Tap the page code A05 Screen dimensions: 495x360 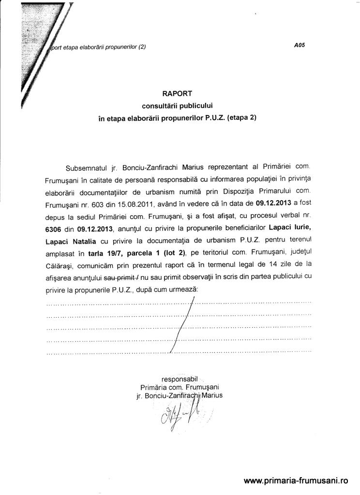coord(300,46)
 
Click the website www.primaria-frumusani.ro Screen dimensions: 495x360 coord(296,480)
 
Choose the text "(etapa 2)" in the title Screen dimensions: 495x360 coord(241,117)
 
